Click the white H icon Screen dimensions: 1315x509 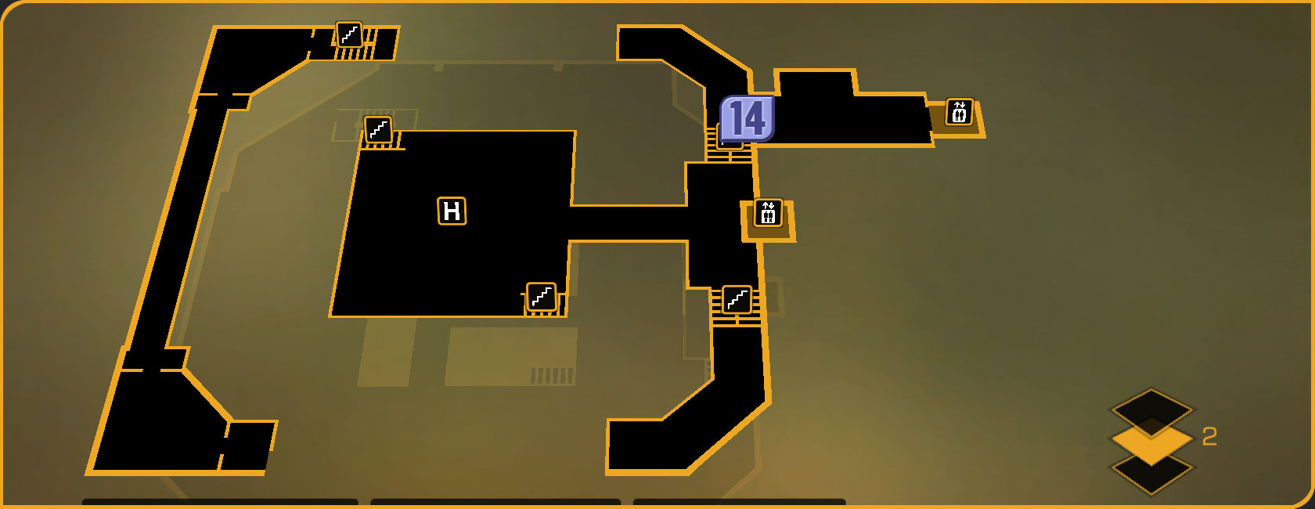pyautogui.click(x=452, y=211)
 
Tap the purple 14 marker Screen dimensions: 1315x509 pyautogui.click(x=748, y=119)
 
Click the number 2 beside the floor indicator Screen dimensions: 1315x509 pyautogui.click(x=1209, y=437)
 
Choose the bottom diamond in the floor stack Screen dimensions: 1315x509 pyautogui.click(x=1151, y=473)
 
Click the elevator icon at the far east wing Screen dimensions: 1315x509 pyautogui.click(x=960, y=112)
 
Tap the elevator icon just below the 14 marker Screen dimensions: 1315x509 pyautogui.click(x=768, y=213)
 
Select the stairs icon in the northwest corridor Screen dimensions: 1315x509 pyautogui.click(x=349, y=34)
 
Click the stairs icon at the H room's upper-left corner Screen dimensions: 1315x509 pyautogui.click(x=379, y=129)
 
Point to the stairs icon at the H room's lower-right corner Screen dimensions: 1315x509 pyautogui.click(x=542, y=297)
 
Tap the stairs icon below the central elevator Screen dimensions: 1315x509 pyautogui.click(x=737, y=299)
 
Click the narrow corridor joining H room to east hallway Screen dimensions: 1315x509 pyautogui.click(x=626, y=223)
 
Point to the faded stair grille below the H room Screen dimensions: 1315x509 pyautogui.click(x=553, y=376)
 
